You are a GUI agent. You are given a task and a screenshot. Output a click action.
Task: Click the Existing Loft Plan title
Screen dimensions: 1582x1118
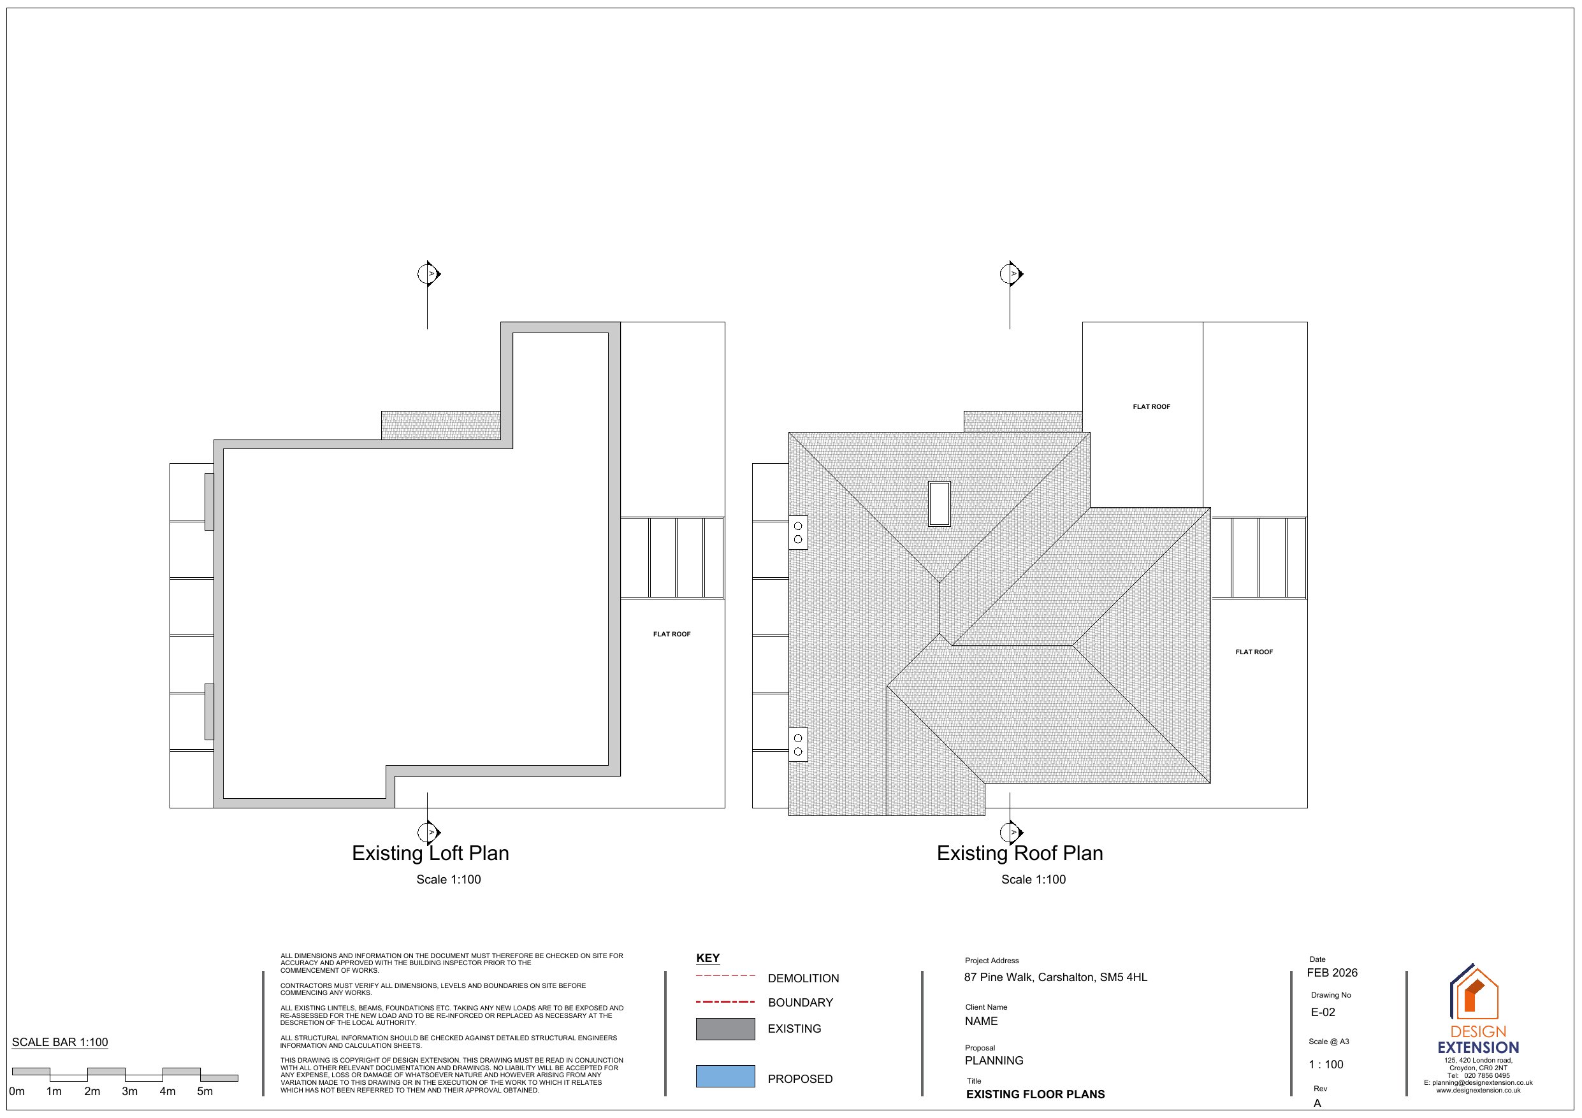[x=430, y=854]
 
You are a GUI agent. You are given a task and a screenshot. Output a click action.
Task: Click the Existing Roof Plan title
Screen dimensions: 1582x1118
[x=1020, y=854]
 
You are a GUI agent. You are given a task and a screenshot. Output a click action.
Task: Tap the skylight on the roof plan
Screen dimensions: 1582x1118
[x=939, y=503]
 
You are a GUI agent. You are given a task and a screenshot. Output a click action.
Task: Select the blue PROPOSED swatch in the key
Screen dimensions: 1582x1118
[x=725, y=1077]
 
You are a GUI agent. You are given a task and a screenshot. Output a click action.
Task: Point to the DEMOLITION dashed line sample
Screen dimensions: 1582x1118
[x=725, y=976]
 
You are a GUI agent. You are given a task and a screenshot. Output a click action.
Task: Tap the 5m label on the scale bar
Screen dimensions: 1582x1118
[x=205, y=1091]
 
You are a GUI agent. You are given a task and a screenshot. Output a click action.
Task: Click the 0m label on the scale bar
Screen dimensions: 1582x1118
[x=17, y=1091]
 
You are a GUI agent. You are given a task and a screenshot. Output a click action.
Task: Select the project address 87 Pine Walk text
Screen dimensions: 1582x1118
[x=1056, y=977]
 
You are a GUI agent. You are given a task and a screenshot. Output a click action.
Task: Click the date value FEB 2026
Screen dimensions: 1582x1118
[x=1332, y=973]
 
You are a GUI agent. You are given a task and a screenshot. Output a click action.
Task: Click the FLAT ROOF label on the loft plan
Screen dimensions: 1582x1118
[x=672, y=634]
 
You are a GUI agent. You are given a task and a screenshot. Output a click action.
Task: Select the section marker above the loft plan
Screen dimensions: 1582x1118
[x=429, y=273]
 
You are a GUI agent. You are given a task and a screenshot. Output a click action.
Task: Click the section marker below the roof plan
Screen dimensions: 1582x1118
[x=1012, y=832]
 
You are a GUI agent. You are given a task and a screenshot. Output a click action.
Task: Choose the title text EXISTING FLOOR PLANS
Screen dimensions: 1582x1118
[x=1035, y=1094]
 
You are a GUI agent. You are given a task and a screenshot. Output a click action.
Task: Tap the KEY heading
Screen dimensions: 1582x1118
[x=708, y=958]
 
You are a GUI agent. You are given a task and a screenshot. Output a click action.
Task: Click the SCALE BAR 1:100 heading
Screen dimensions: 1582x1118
[x=60, y=1042]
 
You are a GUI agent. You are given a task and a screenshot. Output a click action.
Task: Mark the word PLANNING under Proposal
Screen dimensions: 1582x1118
[x=994, y=1061]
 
